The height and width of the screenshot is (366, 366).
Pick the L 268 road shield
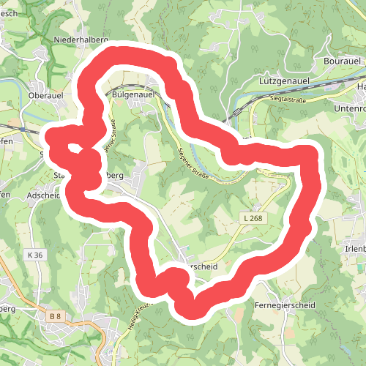pos(251,218)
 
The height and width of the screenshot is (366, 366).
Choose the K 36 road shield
pos(34,254)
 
